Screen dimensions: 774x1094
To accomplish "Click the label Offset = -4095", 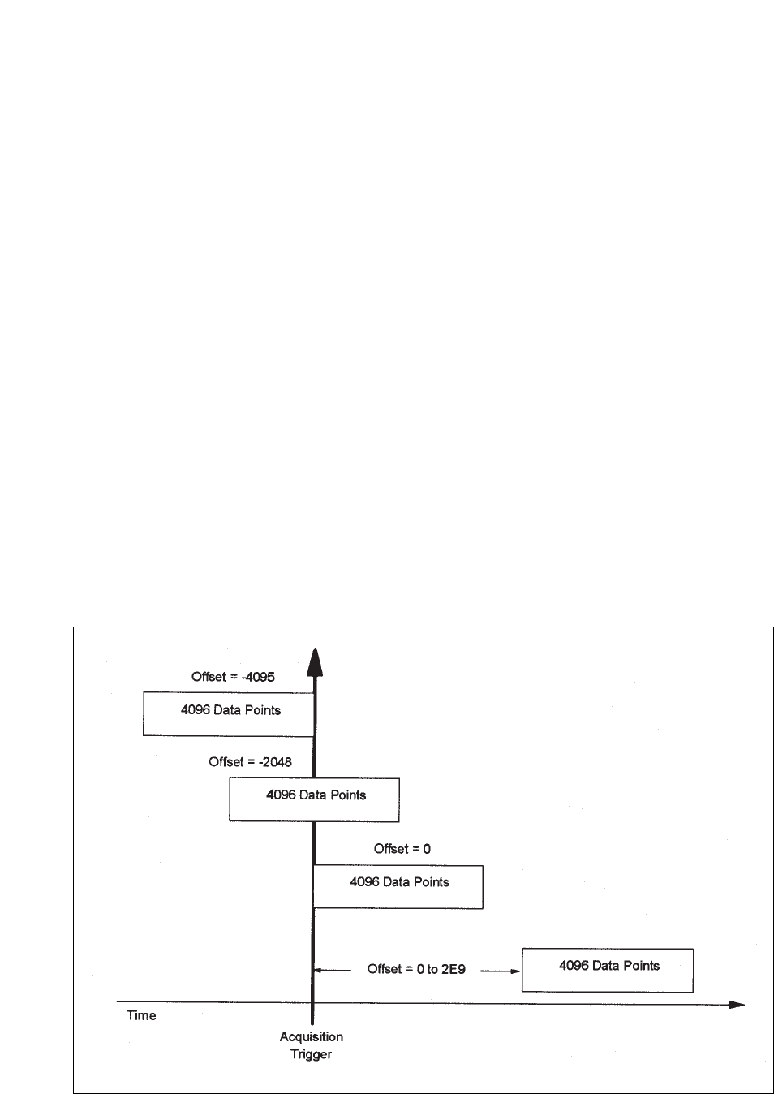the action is pyautogui.click(x=233, y=677).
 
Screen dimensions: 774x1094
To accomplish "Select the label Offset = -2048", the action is pyautogui.click(x=250, y=762).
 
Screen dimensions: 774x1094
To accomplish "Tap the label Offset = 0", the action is pyautogui.click(x=402, y=849).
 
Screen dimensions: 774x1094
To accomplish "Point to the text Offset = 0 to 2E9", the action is pyautogui.click(x=416, y=969).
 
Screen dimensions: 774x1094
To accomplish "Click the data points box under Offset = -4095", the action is pyautogui.click(x=229, y=713).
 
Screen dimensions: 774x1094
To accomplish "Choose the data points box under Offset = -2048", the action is pyautogui.click(x=314, y=799).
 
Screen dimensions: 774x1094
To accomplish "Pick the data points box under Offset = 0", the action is pyautogui.click(x=398, y=886).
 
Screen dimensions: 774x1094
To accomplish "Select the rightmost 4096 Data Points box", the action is pyautogui.click(x=607, y=969).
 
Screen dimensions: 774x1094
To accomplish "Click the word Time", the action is pyautogui.click(x=141, y=1015).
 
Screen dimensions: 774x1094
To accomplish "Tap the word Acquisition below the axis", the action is pyautogui.click(x=312, y=1036).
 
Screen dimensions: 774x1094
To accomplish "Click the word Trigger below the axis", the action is pyautogui.click(x=312, y=1054).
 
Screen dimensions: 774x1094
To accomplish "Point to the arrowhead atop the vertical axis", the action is pyautogui.click(x=315, y=662).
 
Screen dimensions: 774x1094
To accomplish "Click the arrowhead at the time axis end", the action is pyautogui.click(x=736, y=1005).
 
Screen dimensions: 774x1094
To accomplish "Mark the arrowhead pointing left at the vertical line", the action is pyautogui.click(x=320, y=969).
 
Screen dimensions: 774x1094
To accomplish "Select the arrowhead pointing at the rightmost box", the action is pyautogui.click(x=514, y=970).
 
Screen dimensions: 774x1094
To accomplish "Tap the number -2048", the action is pyautogui.click(x=273, y=762).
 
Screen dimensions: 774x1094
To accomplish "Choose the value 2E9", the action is pyautogui.click(x=454, y=969).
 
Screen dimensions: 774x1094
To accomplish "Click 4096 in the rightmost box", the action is pyautogui.click(x=573, y=966).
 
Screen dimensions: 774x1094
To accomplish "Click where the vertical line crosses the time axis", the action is pyautogui.click(x=312, y=1004).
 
